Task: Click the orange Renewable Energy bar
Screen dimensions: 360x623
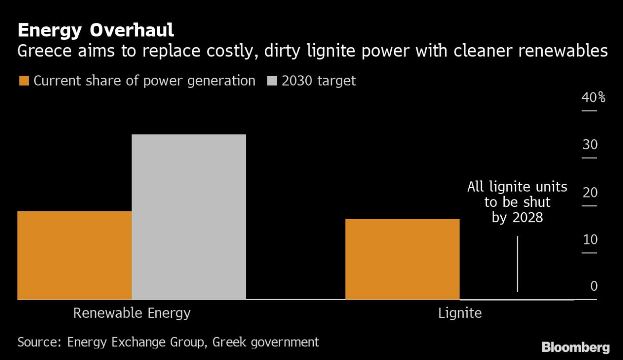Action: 74,255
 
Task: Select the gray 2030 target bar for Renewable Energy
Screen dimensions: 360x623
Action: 189,216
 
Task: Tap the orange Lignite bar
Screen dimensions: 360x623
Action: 402,259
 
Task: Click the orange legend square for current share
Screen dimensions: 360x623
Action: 23,81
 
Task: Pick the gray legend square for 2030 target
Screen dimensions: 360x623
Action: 272,81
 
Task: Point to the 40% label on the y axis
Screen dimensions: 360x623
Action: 593,97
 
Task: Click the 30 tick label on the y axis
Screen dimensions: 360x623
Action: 590,144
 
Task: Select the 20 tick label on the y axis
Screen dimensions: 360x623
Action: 590,192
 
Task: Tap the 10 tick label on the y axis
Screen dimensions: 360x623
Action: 590,239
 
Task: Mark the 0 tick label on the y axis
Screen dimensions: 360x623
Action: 593,286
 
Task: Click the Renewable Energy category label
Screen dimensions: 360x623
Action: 131,312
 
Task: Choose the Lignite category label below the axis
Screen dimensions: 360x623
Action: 459,312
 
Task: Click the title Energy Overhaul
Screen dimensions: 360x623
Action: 95,31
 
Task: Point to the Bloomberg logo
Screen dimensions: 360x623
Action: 575,347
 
